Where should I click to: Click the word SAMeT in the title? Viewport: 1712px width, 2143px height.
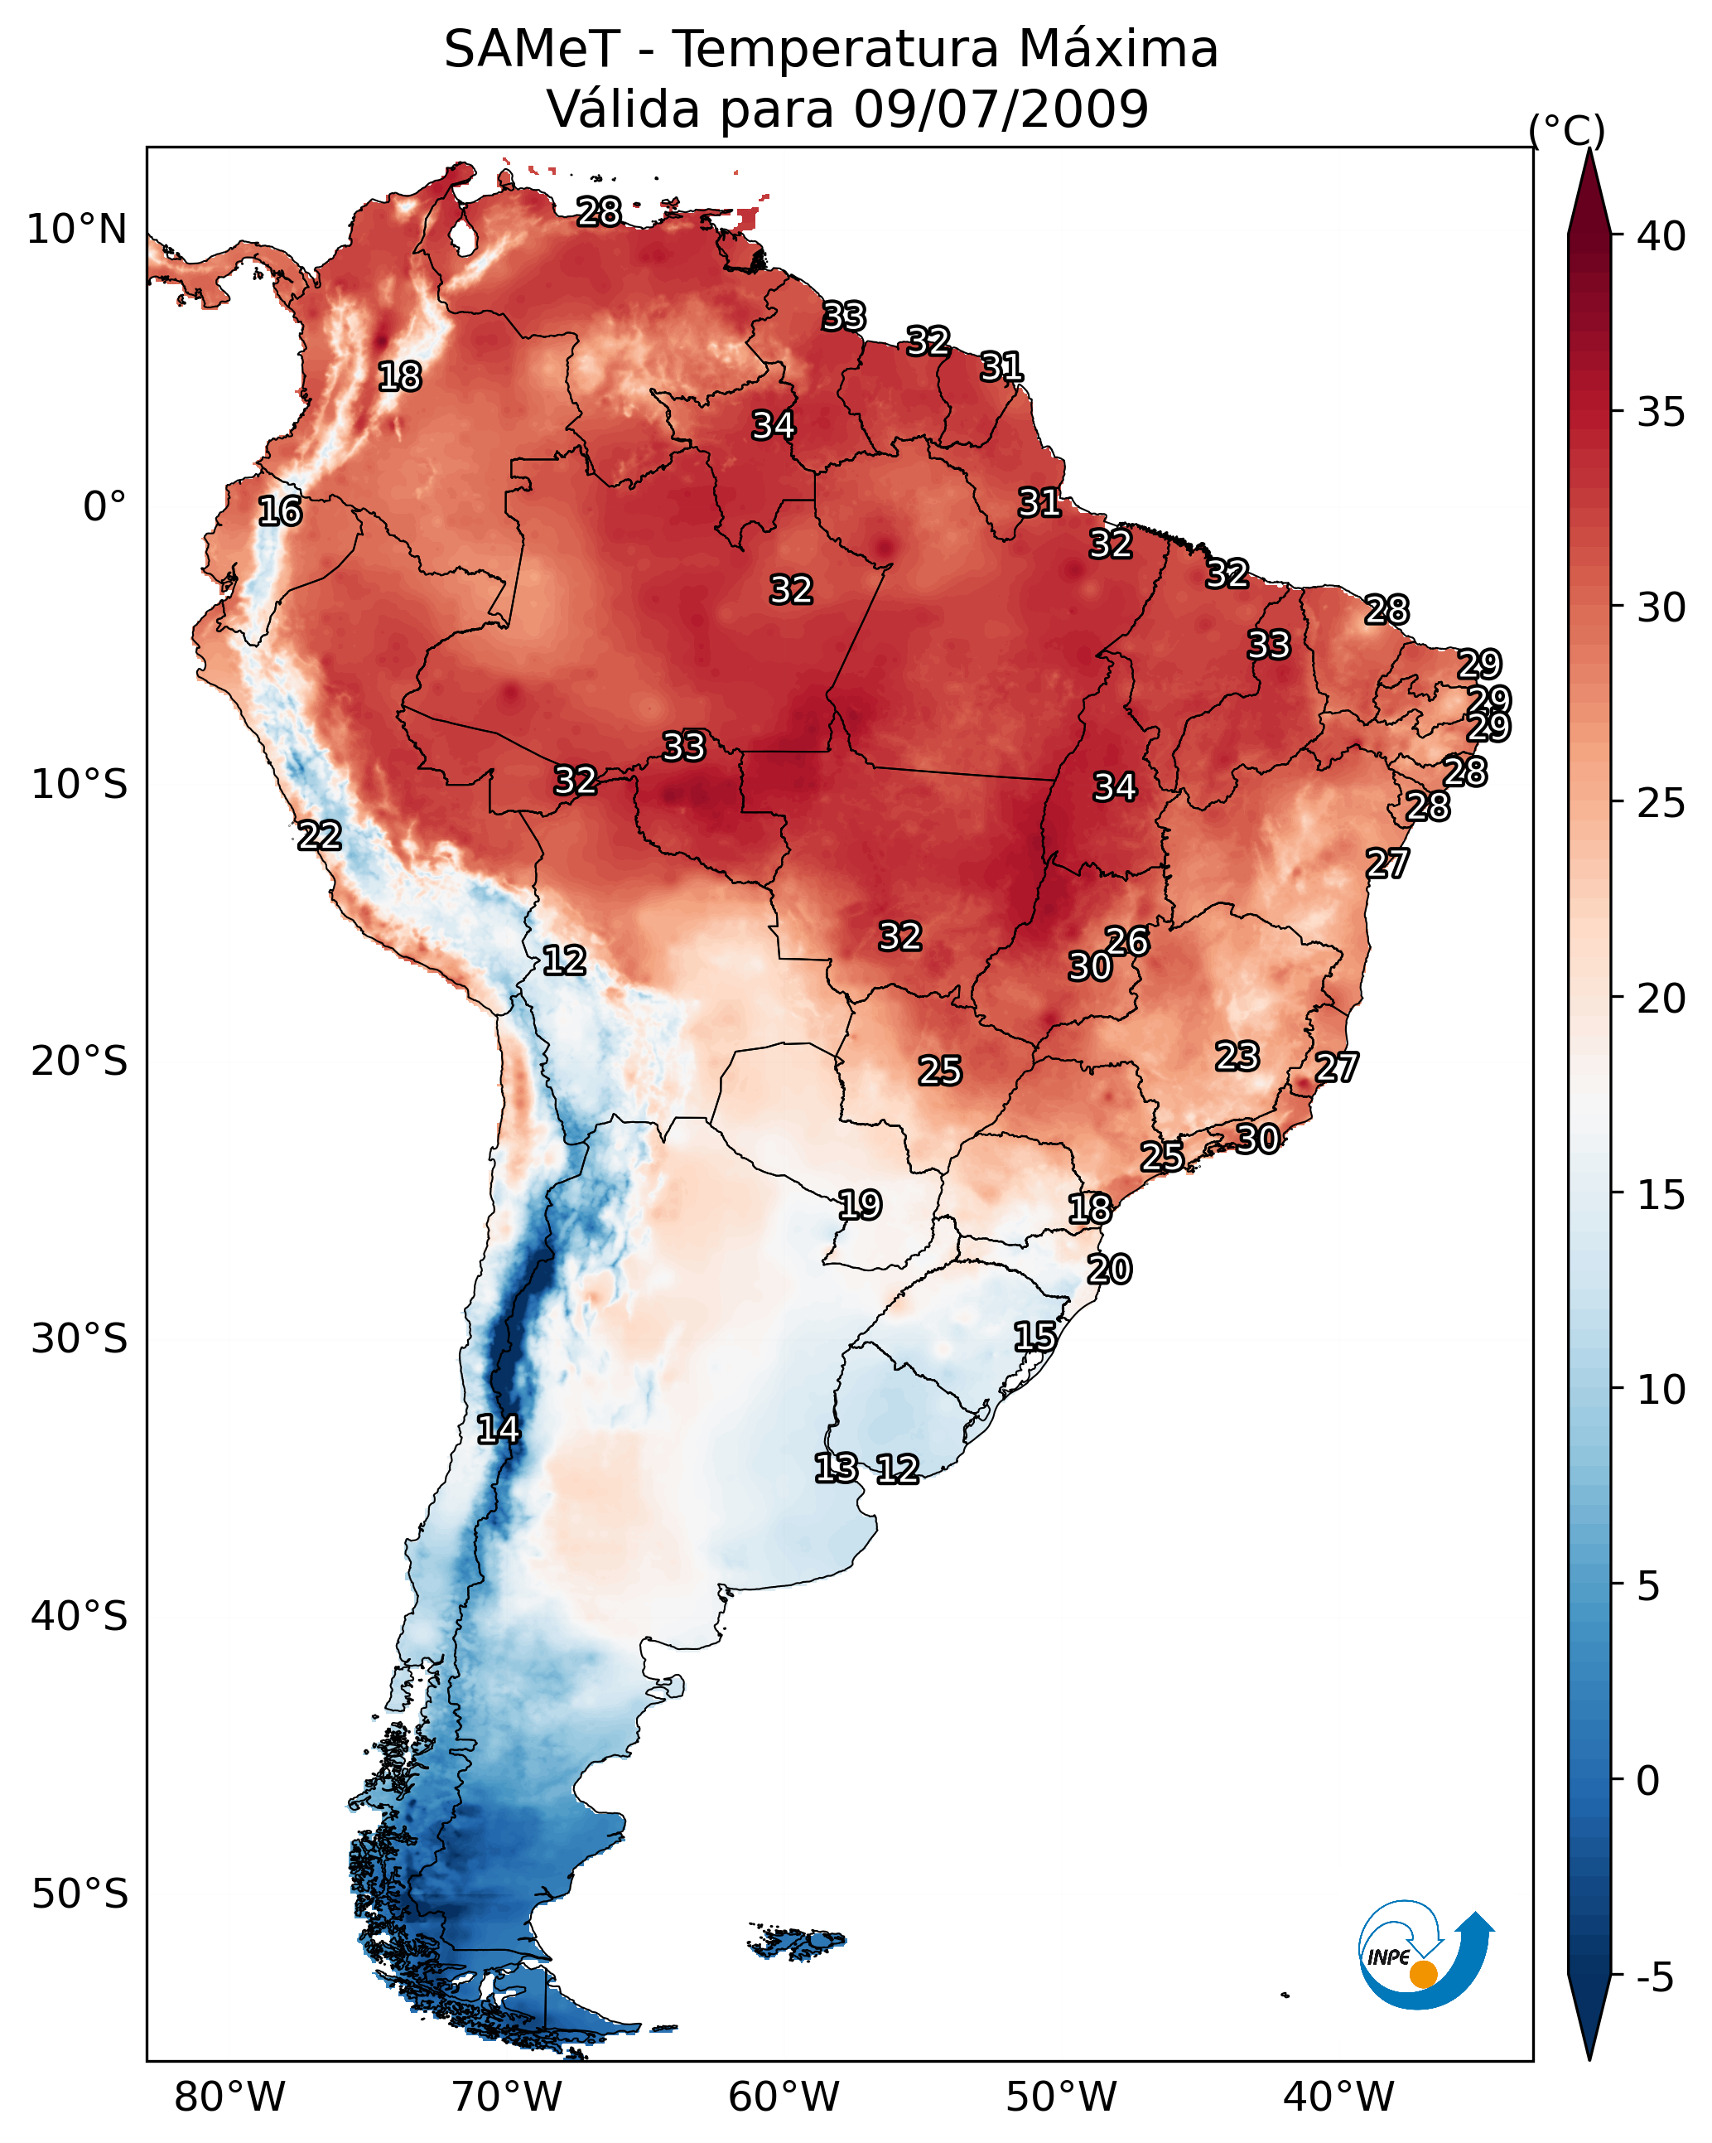click(532, 50)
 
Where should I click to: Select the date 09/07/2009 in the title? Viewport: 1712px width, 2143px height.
click(1001, 109)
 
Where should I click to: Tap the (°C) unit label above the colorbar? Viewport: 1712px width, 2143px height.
click(1566, 130)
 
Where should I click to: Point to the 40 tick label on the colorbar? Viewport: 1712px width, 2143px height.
click(1661, 236)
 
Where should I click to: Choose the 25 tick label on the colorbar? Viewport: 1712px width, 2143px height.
click(1661, 802)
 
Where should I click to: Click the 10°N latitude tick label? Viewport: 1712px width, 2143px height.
click(76, 230)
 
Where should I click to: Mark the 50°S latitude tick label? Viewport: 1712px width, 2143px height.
click(80, 1894)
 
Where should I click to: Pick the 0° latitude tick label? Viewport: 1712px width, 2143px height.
click(104, 507)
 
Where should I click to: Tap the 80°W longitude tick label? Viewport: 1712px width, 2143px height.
click(229, 2097)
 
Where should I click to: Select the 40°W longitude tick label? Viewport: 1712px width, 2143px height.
click(1338, 2097)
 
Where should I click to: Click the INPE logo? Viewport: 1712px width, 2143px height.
click(1425, 1957)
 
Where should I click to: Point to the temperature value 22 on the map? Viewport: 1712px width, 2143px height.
click(320, 836)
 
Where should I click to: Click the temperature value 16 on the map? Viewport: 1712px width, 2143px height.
click(280, 512)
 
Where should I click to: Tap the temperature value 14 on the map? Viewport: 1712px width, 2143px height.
click(499, 1429)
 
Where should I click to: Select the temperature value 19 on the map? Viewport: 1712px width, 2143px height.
click(861, 1205)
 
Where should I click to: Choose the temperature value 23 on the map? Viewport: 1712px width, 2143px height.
click(1238, 1056)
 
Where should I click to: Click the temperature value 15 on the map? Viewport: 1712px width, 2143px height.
click(1035, 1336)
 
